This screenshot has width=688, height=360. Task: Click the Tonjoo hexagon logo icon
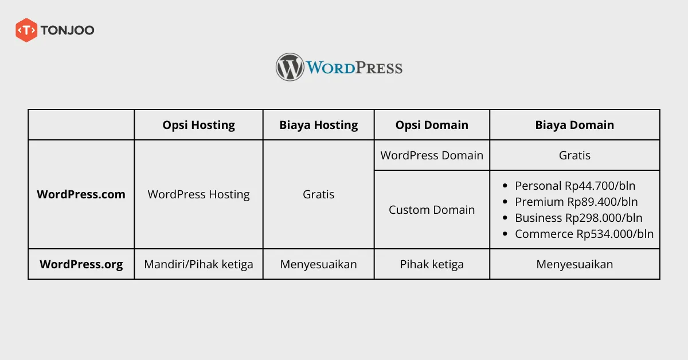tap(26, 30)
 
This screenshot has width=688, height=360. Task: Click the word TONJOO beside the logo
tap(67, 30)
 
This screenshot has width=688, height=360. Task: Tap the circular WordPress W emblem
tap(290, 67)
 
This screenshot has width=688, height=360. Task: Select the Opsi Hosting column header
tap(198, 125)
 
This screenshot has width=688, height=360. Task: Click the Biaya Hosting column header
tap(318, 125)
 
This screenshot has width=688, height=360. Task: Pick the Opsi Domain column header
tap(432, 125)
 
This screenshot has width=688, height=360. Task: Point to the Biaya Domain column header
tap(574, 125)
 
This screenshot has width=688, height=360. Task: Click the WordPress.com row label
tap(81, 194)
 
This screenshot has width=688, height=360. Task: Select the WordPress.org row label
tap(81, 264)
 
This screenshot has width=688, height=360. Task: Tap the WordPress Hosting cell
tap(198, 194)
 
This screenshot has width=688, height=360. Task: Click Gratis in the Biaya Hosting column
tap(318, 194)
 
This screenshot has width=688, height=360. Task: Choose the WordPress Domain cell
tap(432, 155)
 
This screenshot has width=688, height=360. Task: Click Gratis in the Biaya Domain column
tap(574, 155)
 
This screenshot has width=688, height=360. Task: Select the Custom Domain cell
tap(432, 210)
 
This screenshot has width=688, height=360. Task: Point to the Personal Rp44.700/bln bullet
tap(575, 186)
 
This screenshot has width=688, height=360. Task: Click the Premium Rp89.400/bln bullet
tap(576, 202)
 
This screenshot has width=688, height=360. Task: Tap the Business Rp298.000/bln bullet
tap(578, 218)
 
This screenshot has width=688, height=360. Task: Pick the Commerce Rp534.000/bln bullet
tap(584, 234)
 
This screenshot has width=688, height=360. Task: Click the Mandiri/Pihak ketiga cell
tap(198, 264)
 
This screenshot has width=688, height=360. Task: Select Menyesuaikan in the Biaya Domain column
tap(574, 264)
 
